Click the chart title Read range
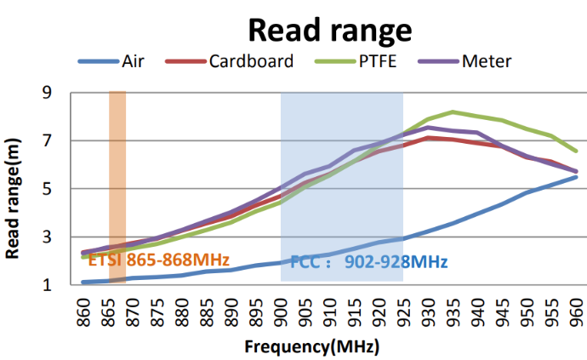329,31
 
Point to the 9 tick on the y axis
60,93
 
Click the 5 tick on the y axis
60,189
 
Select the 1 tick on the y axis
60,285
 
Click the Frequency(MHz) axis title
311,347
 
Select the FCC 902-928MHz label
369,261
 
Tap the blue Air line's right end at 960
577,176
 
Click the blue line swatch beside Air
98,61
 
